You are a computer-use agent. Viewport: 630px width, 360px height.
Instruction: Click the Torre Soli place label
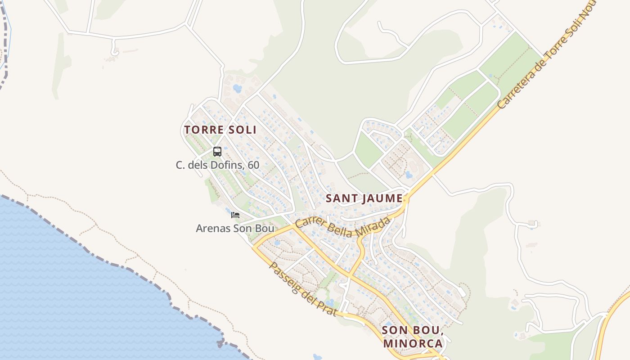pos(220,130)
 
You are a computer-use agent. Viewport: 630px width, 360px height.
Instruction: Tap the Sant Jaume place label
pos(364,198)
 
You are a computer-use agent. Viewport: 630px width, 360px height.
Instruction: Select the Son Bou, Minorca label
pos(413,337)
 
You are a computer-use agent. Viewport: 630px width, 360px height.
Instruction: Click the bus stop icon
pos(217,152)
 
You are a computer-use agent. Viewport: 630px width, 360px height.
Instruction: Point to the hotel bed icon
pos(235,215)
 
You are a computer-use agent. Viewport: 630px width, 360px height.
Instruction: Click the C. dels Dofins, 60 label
pos(217,165)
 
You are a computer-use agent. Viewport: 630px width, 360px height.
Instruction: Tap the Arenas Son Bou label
pos(234,229)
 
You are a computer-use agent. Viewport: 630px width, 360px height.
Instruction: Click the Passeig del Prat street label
pos(302,288)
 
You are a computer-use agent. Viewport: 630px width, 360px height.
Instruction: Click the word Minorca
pos(413,343)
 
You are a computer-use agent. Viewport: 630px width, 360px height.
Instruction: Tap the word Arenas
pos(213,229)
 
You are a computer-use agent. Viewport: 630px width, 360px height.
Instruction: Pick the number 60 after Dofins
pos(253,165)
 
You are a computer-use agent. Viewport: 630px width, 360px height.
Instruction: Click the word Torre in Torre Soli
pos(202,130)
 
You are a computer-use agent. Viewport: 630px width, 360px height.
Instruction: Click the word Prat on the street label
pos(327,306)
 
